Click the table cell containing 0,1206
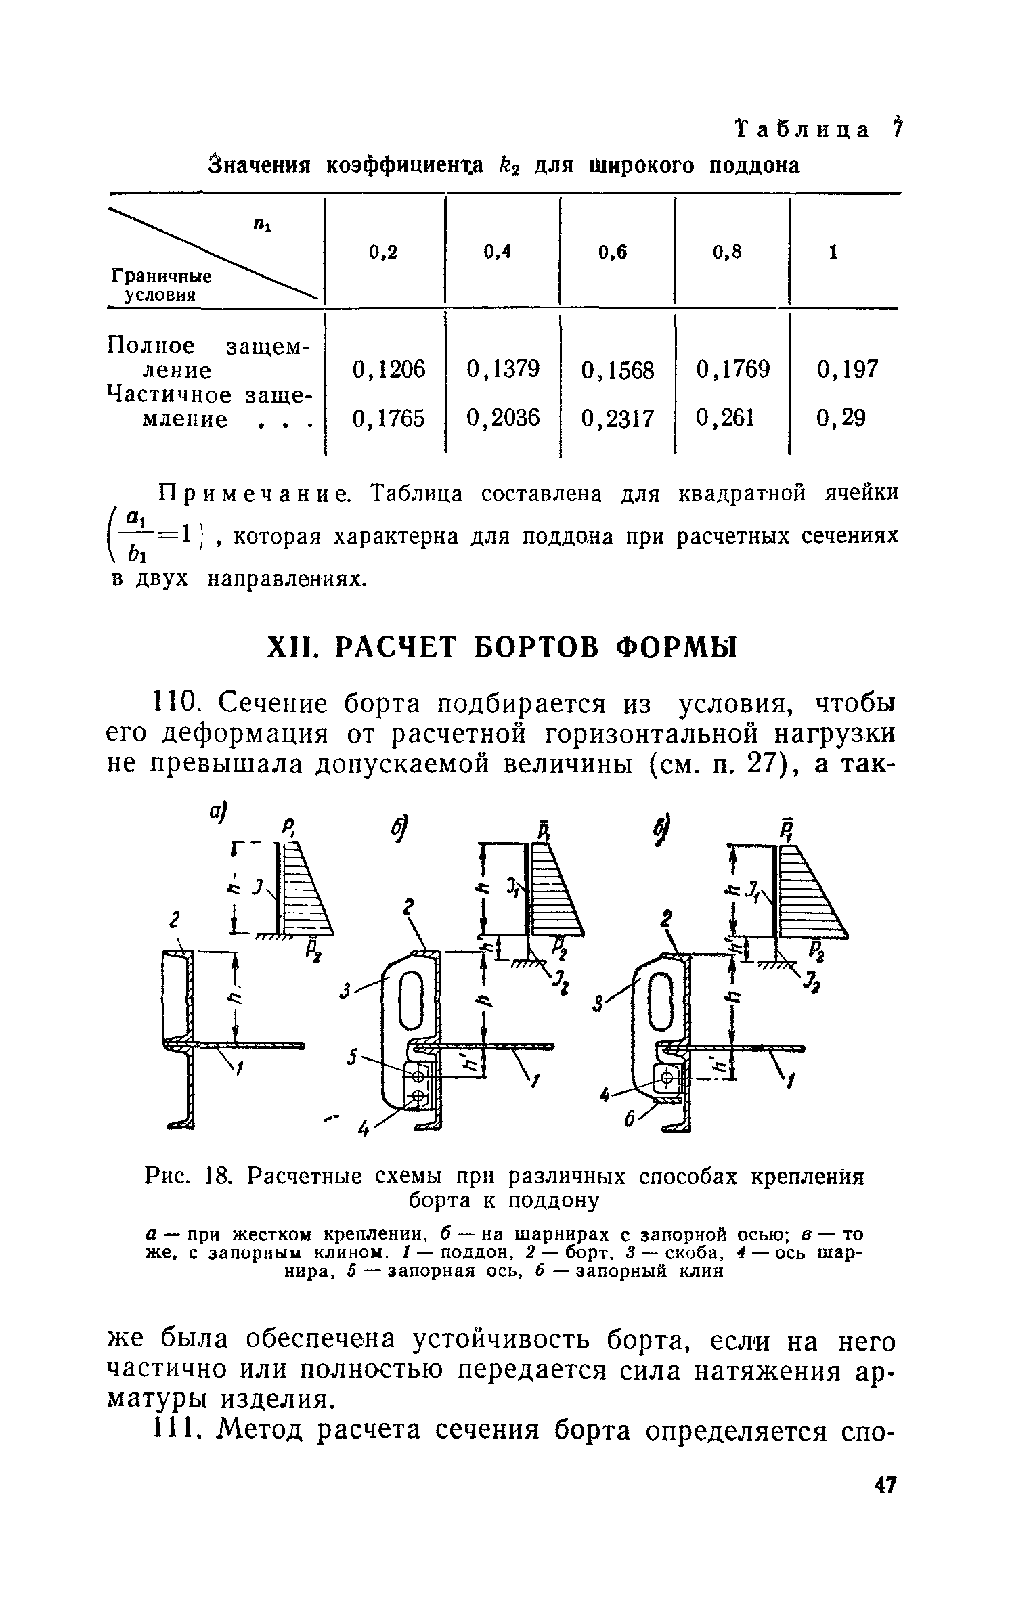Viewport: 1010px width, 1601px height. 389,370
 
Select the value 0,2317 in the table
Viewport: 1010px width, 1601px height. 618,419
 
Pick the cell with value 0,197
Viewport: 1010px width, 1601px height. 847,370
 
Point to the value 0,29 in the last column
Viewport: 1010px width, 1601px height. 841,419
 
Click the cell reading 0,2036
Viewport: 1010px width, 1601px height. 503,419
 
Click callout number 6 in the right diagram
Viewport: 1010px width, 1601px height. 628,1120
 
